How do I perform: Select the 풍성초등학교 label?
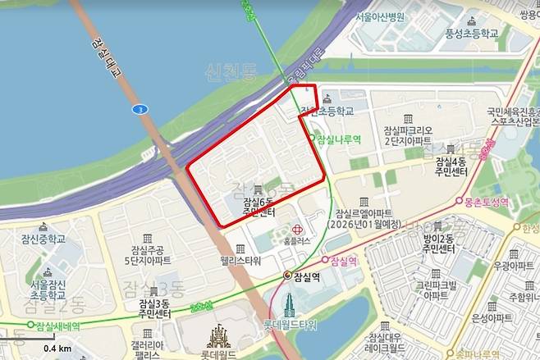click(472, 34)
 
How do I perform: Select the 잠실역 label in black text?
click(304, 276)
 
